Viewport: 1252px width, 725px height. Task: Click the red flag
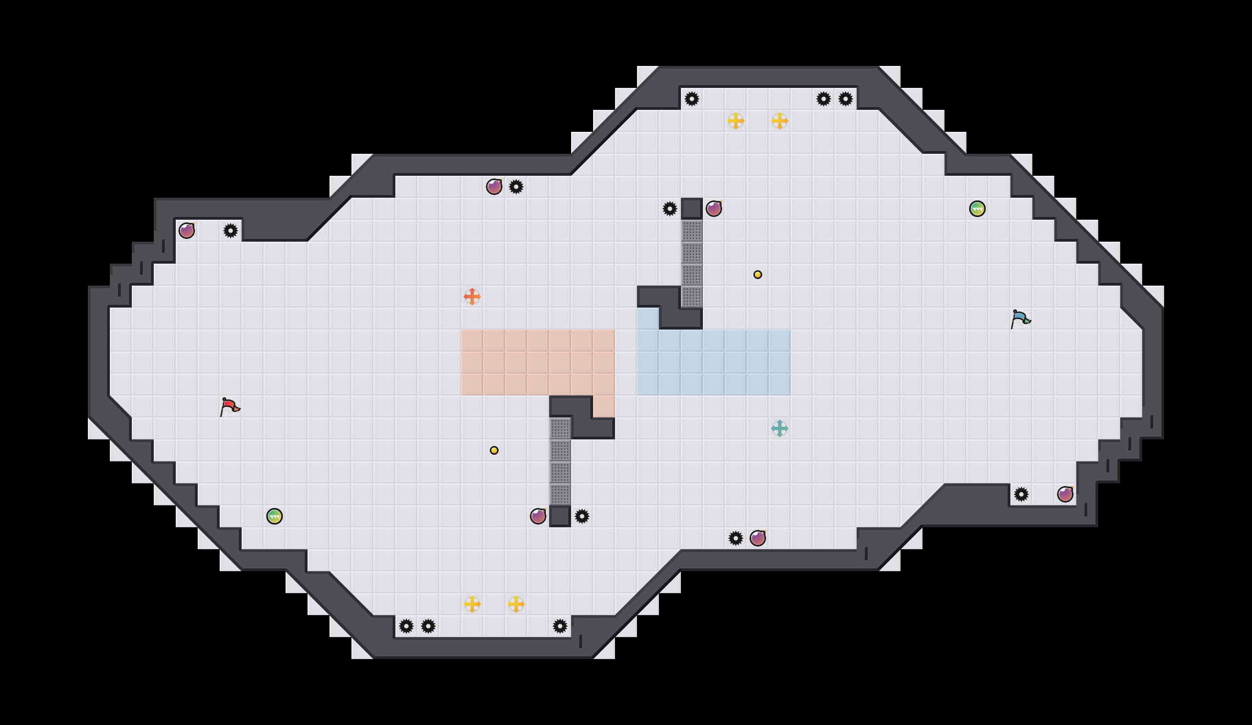point(230,406)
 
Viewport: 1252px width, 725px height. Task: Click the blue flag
point(1020,319)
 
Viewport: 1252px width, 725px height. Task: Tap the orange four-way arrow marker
point(472,297)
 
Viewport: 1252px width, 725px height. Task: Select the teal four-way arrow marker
point(780,428)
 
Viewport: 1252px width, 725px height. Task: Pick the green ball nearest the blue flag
point(977,209)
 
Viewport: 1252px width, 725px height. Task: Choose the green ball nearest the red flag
point(275,516)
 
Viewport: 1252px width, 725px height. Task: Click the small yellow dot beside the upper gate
point(758,275)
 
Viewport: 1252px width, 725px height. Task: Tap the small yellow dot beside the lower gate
point(494,450)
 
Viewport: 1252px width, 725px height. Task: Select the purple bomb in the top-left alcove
point(187,231)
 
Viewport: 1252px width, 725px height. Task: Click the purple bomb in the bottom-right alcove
point(1065,494)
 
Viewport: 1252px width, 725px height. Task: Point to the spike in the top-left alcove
point(231,231)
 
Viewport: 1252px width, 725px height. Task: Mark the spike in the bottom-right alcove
point(1021,494)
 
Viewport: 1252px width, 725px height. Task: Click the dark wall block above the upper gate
point(692,209)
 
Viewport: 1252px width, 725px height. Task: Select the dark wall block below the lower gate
point(560,516)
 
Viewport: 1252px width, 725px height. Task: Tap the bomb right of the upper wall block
point(714,209)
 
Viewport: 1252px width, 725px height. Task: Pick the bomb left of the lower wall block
point(538,516)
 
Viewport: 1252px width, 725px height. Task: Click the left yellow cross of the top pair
point(736,121)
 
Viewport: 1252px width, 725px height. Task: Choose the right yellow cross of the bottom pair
point(516,604)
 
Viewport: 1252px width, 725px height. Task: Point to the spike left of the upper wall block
point(670,209)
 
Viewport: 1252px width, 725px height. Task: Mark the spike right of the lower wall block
point(582,516)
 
